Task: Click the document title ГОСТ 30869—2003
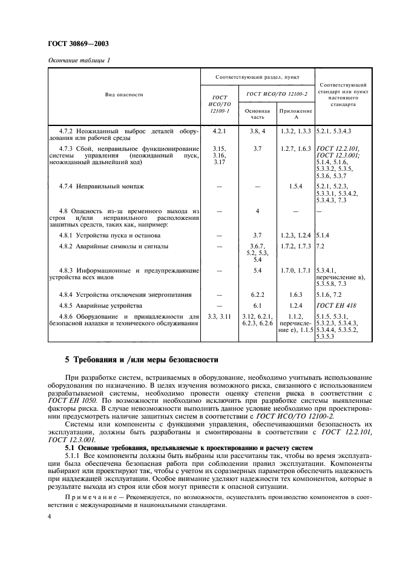[x=74, y=44]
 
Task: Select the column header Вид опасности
[x=123, y=94]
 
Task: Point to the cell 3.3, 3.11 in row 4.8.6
[x=219, y=317]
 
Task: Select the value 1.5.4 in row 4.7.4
[x=295, y=186]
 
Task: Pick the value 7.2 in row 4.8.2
[x=321, y=247]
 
